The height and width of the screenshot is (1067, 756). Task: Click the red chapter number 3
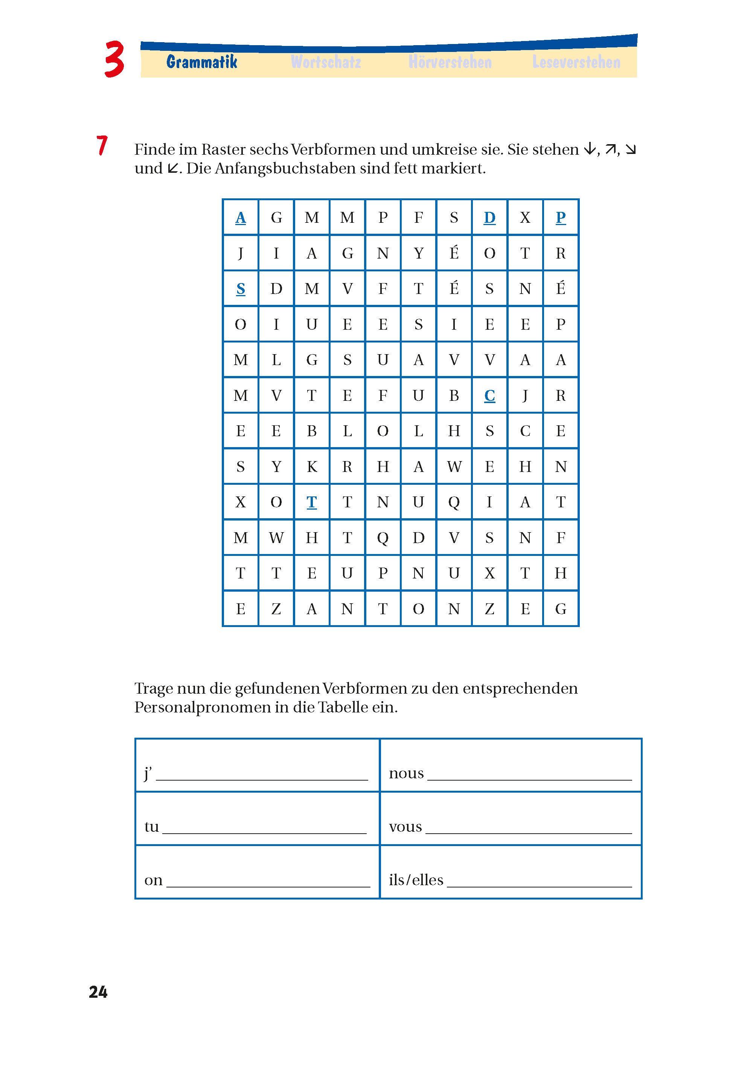[114, 59]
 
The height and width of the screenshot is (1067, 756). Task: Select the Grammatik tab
[201, 62]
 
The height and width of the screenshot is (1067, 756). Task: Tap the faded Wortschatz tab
[326, 62]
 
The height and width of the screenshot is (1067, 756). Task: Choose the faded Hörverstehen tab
[450, 62]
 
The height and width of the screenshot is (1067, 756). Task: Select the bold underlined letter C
[489, 396]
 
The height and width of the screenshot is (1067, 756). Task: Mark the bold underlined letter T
[311, 502]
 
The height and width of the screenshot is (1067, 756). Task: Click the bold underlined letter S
[241, 289]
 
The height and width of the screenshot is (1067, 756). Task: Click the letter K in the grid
[311, 467]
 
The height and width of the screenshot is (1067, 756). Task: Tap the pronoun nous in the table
[406, 773]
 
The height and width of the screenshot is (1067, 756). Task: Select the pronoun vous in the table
[405, 827]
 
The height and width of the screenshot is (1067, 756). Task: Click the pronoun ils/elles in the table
[416, 880]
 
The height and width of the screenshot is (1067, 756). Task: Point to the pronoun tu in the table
[152, 827]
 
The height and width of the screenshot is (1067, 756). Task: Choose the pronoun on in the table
[153, 880]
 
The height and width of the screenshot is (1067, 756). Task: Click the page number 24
[98, 992]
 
